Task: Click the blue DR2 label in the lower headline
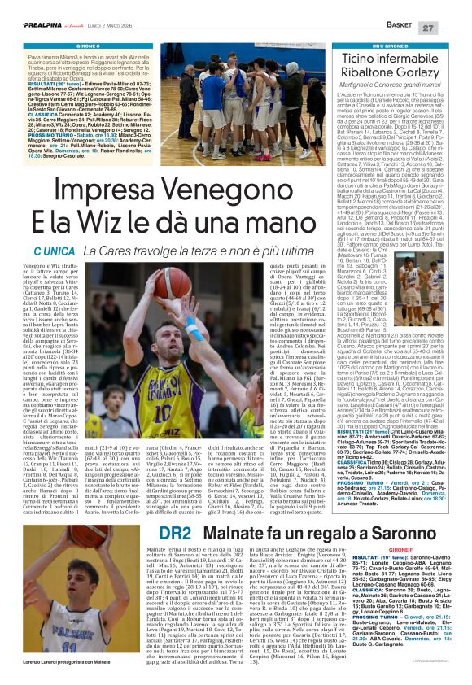click(x=174, y=532)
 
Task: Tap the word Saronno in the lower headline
click(x=370, y=532)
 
